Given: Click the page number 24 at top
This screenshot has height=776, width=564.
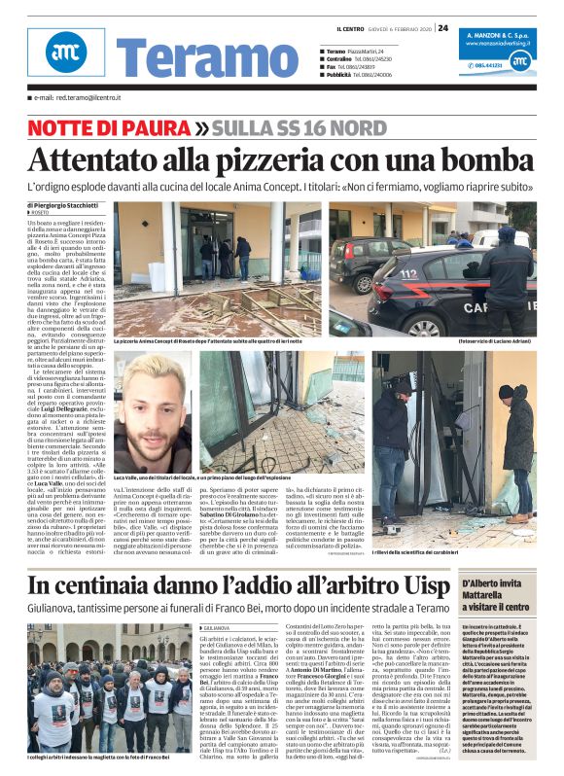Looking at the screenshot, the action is pos(442,27).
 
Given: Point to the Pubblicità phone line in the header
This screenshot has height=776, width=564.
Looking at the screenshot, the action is pos(364,74).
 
